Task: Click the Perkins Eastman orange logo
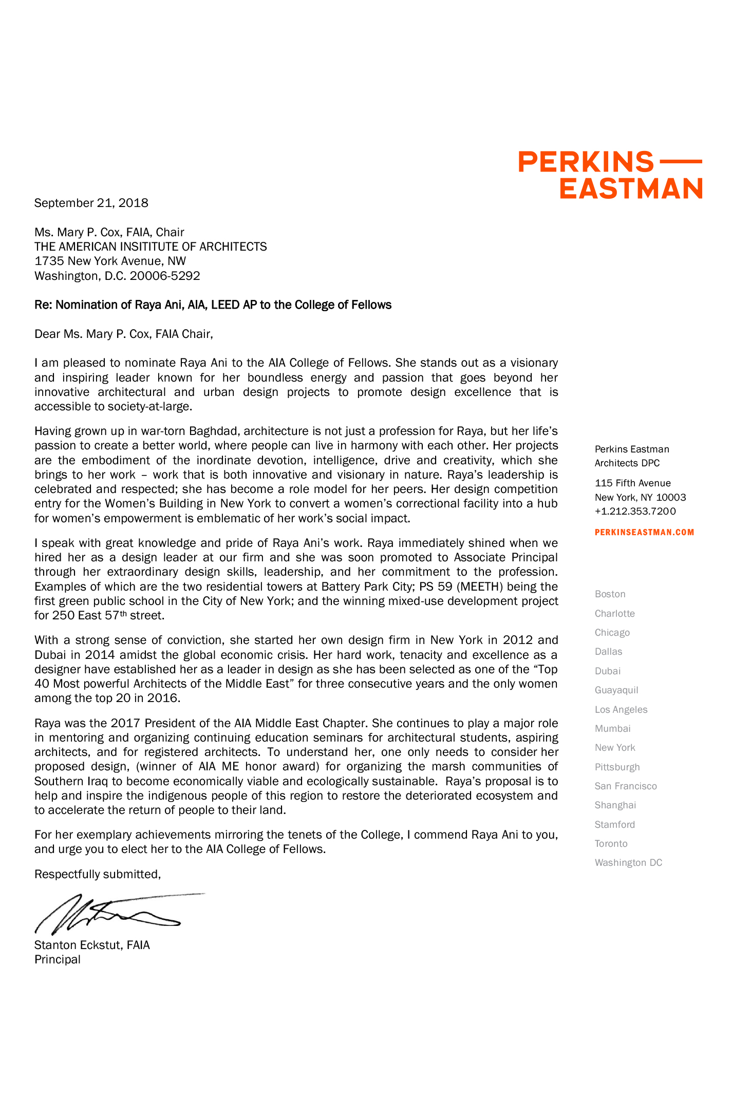[x=610, y=175]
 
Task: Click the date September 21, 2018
[x=91, y=203]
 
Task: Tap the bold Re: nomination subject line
[x=213, y=305]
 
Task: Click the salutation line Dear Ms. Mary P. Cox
[x=123, y=334]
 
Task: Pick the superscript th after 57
[x=123, y=613]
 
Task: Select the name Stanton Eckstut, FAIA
[x=92, y=945]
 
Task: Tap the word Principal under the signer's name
[x=58, y=959]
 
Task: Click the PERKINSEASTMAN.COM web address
[x=644, y=533]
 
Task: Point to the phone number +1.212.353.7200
[x=635, y=511]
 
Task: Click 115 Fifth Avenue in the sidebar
[x=632, y=483]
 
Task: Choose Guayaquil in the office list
[x=616, y=690]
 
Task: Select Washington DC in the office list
[x=628, y=863]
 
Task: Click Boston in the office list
[x=610, y=594]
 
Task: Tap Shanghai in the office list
[x=615, y=805]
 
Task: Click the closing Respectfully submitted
[x=98, y=874]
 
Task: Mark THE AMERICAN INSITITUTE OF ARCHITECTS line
[x=151, y=246]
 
